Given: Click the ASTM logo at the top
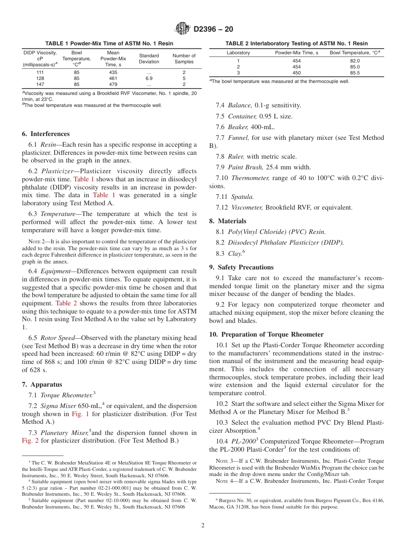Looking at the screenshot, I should (x=182, y=29).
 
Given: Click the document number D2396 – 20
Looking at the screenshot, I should (x=213, y=30).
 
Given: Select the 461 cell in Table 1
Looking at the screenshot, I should (x=113, y=79).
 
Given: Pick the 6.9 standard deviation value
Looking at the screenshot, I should (x=149, y=79).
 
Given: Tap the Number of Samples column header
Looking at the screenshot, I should (x=184, y=59).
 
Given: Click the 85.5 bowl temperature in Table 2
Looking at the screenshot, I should (x=355, y=73).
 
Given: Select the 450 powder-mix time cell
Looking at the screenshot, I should (x=296, y=73).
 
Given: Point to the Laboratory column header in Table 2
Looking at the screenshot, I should (x=238, y=53).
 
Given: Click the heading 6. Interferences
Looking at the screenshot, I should (x=46, y=134).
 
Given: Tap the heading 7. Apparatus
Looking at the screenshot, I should (x=42, y=384).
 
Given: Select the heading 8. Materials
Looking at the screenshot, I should (x=227, y=221).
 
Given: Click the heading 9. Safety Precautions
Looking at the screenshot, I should (x=241, y=267).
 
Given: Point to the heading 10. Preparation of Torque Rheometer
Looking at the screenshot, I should (x=266, y=334).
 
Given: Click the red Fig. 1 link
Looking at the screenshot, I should (x=80, y=414).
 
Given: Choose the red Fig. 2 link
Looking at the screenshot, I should (x=30, y=441).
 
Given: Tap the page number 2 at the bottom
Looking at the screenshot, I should (x=203, y=526).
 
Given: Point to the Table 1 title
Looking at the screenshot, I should (x=109, y=44).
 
